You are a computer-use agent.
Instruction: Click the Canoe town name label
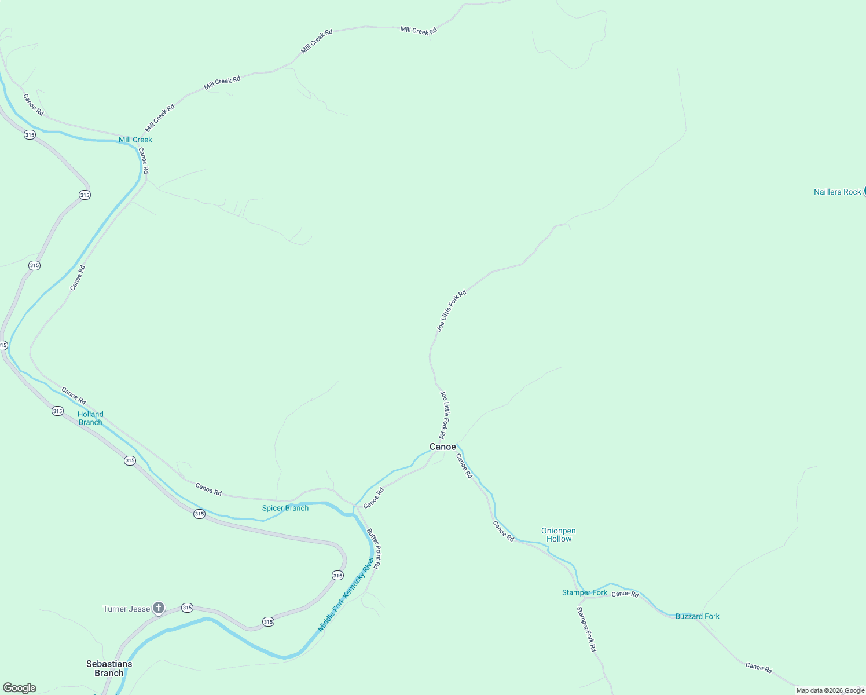point(442,447)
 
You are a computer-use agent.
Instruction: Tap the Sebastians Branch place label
point(109,668)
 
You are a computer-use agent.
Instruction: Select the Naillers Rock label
point(837,192)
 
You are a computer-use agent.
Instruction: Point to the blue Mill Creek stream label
point(135,140)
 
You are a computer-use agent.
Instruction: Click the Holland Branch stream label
point(90,418)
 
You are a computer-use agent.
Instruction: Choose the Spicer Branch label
point(285,508)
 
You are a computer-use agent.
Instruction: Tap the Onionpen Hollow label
point(559,535)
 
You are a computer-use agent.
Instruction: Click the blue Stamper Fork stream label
point(585,592)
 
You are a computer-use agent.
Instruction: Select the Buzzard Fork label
point(697,616)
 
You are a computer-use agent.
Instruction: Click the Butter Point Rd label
point(373,548)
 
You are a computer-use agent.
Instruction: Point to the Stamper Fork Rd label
point(586,629)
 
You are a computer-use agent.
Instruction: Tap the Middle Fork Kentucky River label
point(346,594)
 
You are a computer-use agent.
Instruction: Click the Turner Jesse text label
point(126,609)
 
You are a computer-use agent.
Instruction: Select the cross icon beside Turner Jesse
point(159,608)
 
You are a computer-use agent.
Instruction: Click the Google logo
point(20,688)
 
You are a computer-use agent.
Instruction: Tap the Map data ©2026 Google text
point(830,690)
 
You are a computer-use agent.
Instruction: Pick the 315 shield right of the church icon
point(187,608)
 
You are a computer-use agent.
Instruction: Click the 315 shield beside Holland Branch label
point(57,411)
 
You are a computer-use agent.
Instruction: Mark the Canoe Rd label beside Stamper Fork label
point(625,594)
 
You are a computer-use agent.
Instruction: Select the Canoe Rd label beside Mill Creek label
point(143,160)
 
